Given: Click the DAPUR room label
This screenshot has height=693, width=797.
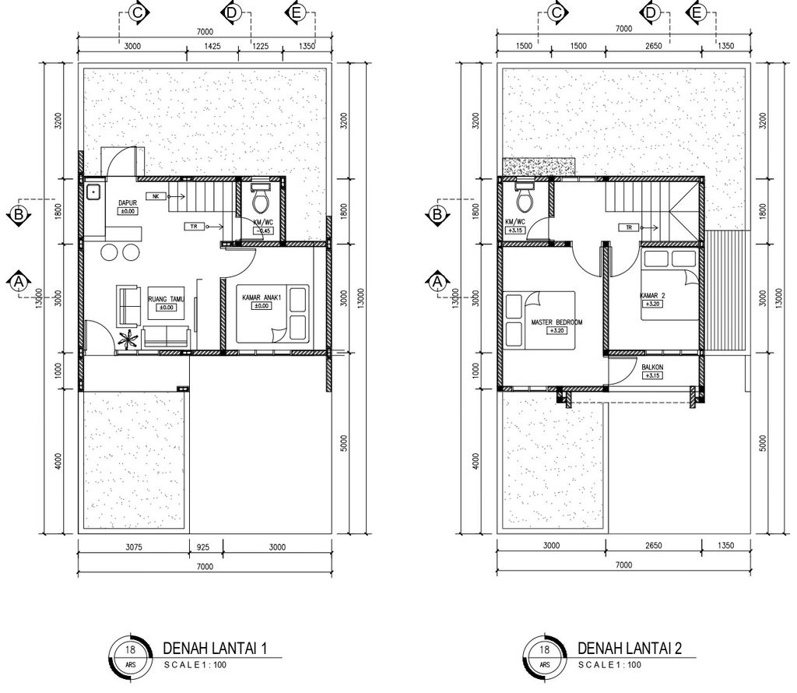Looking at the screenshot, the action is click(128, 203).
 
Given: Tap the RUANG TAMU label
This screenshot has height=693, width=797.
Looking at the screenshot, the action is click(167, 300).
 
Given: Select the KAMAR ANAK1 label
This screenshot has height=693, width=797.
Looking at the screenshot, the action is click(262, 297).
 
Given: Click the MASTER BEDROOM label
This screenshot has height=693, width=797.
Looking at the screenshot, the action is click(556, 322).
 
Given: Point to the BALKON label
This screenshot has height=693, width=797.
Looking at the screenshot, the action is click(652, 368).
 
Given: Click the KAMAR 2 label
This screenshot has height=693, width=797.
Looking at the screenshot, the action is click(652, 296).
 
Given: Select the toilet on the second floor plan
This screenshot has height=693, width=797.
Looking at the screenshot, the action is click(524, 197).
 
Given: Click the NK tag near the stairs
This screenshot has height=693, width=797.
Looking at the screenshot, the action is click(154, 196).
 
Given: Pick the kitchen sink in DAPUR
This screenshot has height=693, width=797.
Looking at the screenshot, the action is click(93, 192).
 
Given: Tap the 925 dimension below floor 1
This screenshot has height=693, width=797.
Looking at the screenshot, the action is click(203, 547).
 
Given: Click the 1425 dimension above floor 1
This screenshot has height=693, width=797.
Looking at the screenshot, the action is click(212, 46).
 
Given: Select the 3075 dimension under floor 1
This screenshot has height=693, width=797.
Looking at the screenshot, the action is click(134, 547).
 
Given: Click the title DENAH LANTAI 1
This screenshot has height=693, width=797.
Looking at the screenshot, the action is click(215, 649).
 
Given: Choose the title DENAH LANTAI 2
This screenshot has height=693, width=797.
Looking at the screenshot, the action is click(629, 649).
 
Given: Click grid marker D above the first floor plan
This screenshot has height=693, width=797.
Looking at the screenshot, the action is click(232, 12).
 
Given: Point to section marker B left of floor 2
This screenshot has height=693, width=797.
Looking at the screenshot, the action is click(437, 214).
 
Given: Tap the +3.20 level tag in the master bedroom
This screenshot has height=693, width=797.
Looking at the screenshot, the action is click(557, 331).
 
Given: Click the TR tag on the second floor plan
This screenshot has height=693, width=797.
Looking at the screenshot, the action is click(629, 227).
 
